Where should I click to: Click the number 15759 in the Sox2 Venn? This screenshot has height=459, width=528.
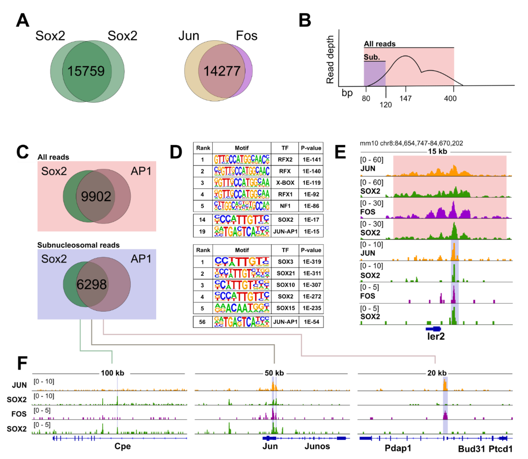click(86, 71)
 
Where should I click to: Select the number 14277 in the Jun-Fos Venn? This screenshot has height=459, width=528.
click(222, 71)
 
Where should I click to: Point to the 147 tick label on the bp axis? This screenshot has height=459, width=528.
click(405, 98)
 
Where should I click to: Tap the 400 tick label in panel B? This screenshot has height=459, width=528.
click(450, 98)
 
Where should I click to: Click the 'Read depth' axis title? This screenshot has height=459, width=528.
click(330, 59)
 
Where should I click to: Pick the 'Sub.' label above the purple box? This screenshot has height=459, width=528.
click(372, 57)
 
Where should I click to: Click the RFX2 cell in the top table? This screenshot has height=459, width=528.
click(285, 160)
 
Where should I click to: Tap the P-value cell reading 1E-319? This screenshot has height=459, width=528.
click(311, 262)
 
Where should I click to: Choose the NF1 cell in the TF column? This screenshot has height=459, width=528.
click(285, 206)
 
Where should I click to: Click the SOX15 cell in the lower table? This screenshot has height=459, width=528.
click(286, 308)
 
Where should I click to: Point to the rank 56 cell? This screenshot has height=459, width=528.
click(202, 322)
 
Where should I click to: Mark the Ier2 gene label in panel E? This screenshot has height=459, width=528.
click(436, 336)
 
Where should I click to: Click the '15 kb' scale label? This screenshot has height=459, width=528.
click(437, 151)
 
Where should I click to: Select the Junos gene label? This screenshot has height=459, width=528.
click(317, 446)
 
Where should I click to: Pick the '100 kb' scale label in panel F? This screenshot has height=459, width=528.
click(113, 373)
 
